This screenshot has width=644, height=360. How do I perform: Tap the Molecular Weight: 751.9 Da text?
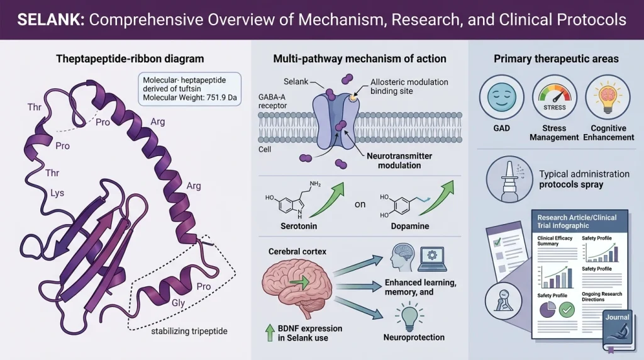tap(190, 98)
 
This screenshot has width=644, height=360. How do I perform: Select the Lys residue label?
tap(57, 193)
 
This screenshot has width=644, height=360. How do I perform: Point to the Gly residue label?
tap(178, 303)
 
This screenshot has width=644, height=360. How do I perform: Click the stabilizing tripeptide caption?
tap(189, 331)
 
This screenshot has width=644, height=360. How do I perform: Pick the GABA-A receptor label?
tap(273, 101)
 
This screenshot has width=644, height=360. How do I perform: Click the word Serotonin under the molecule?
tap(299, 226)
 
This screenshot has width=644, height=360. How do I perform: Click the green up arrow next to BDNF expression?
tap(270, 332)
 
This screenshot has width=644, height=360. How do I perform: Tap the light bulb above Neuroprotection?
tap(409, 317)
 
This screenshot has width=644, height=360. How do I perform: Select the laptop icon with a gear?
tap(432, 259)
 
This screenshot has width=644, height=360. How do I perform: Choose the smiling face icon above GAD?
tap(501, 97)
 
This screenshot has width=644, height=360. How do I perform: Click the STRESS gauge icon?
tap(555, 97)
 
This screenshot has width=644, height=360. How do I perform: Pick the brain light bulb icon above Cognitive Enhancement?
tap(608, 97)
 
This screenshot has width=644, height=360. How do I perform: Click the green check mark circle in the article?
tap(567, 310)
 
